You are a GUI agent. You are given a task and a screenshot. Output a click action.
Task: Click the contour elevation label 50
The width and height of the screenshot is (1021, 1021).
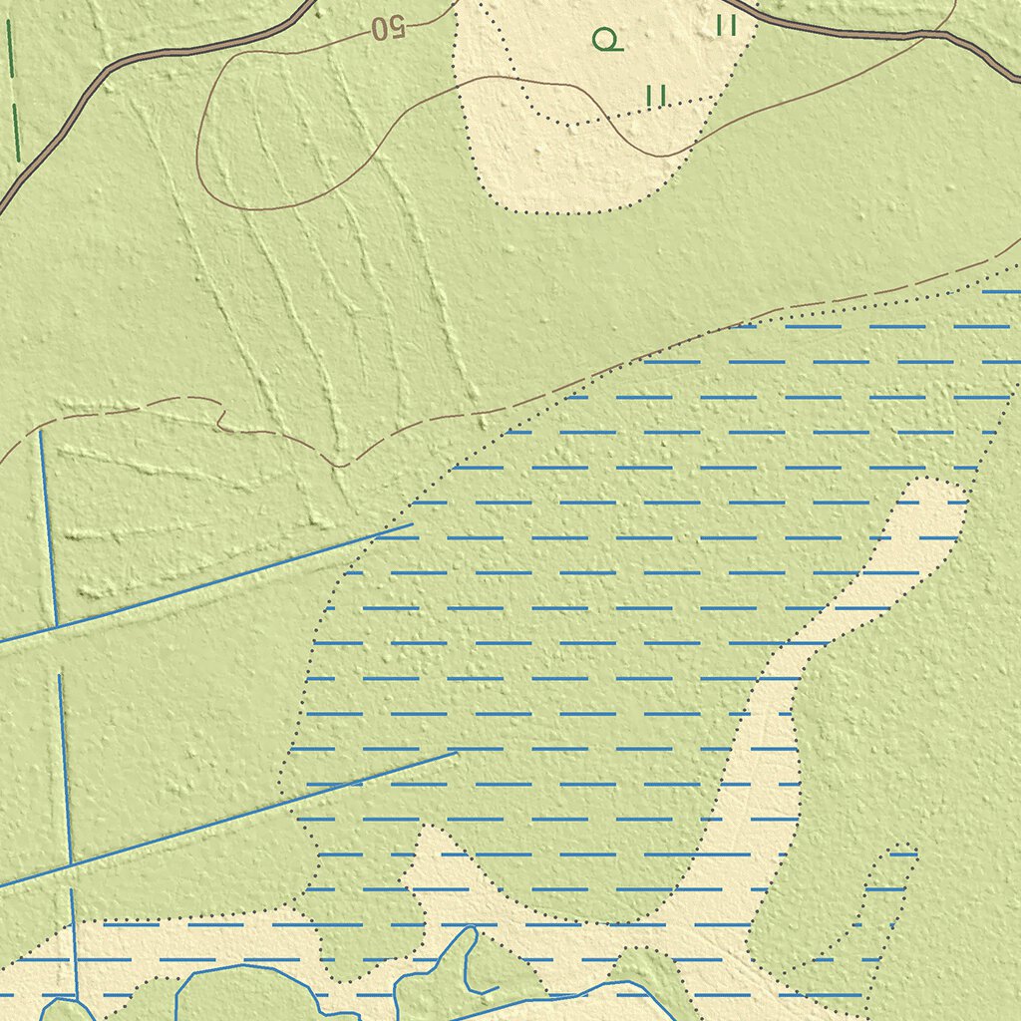[389, 28]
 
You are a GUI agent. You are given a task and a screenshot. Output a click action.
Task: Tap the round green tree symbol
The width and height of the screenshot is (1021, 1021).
[606, 40]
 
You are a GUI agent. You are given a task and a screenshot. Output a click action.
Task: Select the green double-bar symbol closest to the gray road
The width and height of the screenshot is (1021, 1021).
[726, 25]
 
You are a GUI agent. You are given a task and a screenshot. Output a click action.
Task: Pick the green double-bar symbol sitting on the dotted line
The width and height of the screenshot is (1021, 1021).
[655, 96]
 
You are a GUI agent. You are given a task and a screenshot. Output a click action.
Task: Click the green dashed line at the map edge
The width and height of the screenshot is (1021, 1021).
[15, 90]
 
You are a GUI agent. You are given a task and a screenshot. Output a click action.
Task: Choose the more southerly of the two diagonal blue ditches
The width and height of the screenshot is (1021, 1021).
[229, 818]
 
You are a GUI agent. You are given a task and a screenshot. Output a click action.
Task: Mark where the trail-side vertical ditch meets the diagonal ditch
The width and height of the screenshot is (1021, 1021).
[57, 625]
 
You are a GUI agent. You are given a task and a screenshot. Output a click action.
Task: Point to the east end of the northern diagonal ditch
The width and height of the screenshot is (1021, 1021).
[411, 523]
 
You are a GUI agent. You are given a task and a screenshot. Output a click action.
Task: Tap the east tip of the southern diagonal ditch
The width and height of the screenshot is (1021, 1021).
[456, 753]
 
